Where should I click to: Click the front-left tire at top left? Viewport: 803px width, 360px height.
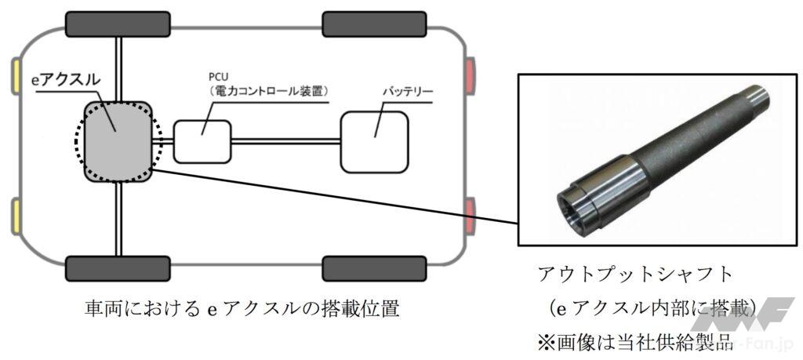117,24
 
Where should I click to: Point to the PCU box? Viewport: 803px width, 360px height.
202,140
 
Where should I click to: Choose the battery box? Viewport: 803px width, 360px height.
375,136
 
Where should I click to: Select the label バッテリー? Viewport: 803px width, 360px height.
408,92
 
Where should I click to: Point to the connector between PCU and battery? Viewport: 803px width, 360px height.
286,142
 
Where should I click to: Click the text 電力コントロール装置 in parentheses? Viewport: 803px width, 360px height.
263,91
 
